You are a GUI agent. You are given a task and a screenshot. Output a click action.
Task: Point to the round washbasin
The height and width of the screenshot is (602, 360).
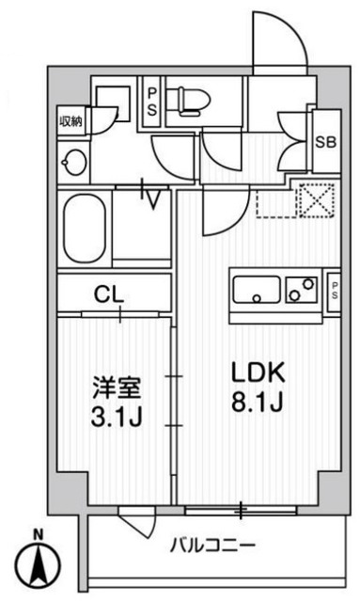[x=72, y=164]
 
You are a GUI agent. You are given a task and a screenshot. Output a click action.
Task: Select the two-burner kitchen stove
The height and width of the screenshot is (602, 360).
[x=303, y=289]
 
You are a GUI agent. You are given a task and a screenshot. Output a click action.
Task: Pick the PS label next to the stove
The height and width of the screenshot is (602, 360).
[x=334, y=289]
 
